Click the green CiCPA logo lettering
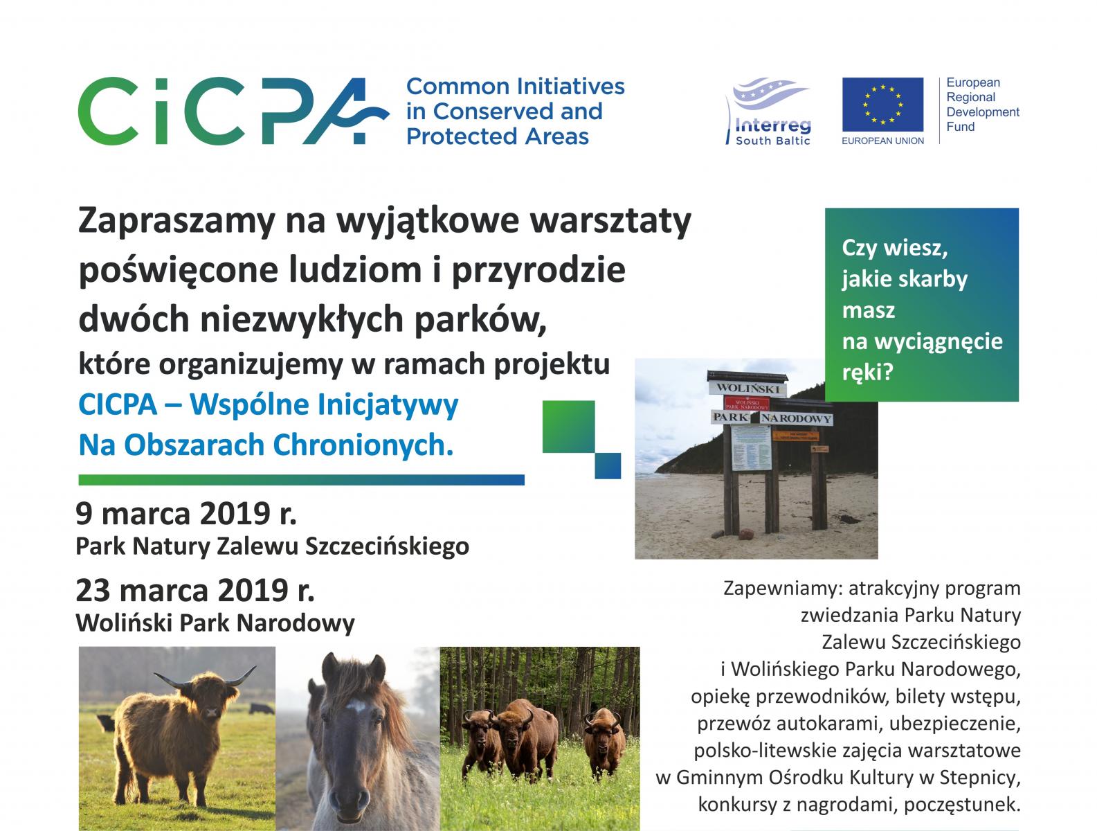[x=233, y=111]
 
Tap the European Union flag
[x=882, y=105]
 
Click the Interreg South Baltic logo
[x=769, y=111]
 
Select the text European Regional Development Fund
[x=982, y=105]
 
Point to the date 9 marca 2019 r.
[x=186, y=514]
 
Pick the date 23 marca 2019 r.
[x=195, y=591]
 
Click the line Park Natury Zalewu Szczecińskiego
[x=273, y=546]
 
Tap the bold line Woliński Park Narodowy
[x=215, y=623]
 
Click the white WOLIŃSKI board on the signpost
[x=747, y=388]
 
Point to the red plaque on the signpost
[x=747, y=404]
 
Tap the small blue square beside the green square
[x=608, y=465]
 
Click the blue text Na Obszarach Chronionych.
[x=266, y=445]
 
